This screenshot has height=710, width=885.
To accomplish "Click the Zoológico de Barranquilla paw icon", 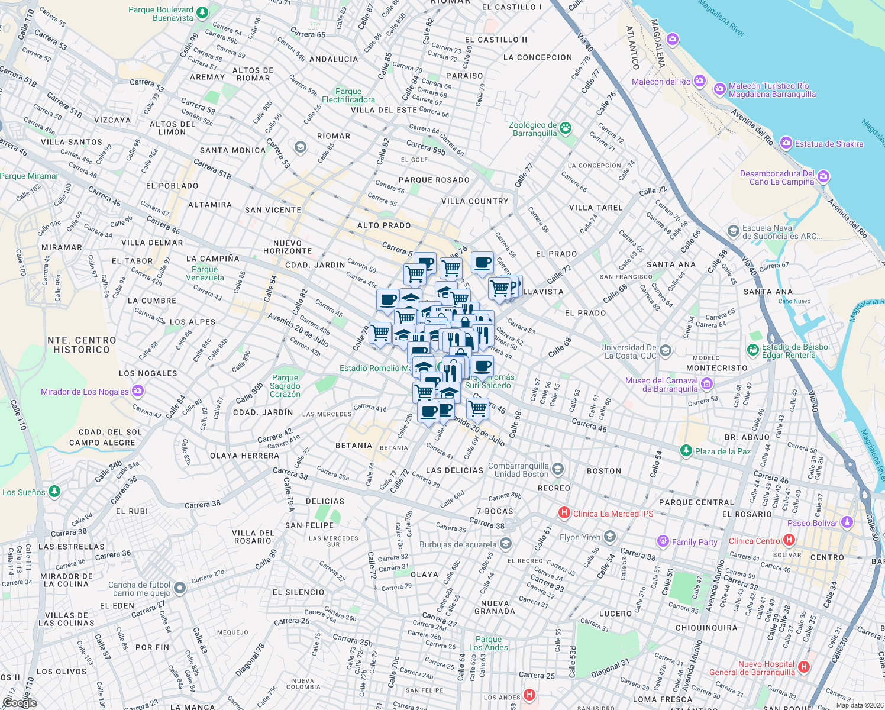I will tap(566, 127).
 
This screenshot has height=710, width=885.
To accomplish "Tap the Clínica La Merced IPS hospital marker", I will tap(564, 513).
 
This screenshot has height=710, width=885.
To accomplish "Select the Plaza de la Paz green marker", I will tap(686, 451).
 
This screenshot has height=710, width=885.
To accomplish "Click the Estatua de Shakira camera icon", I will tap(786, 143).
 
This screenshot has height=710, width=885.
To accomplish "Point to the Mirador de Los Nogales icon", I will tap(138, 391).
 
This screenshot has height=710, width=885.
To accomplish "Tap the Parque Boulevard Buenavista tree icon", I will tap(202, 12).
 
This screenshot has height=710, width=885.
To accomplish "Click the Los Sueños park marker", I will tap(54, 492).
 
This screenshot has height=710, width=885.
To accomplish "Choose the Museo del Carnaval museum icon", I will tap(707, 385).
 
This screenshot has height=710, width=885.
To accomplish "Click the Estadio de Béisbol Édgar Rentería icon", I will tap(753, 351).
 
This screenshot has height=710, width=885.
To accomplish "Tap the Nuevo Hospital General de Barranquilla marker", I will tap(803, 667).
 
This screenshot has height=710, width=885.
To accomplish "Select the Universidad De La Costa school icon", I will tap(666, 351).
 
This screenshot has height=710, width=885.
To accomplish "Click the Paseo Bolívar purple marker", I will tap(847, 522).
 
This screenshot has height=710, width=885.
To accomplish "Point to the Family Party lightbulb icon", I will tap(663, 541).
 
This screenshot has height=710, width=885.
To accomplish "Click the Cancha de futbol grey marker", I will tap(180, 588).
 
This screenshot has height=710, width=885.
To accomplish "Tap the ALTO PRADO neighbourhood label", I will tap(384, 225).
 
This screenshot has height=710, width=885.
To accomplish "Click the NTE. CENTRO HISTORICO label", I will tap(82, 345).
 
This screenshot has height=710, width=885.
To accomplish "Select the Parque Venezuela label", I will tap(205, 273).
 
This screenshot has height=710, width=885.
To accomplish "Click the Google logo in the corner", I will tap(20, 703).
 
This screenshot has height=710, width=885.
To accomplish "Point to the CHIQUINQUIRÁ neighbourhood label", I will tap(706, 628).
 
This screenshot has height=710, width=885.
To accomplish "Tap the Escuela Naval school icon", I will tap(734, 231).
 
